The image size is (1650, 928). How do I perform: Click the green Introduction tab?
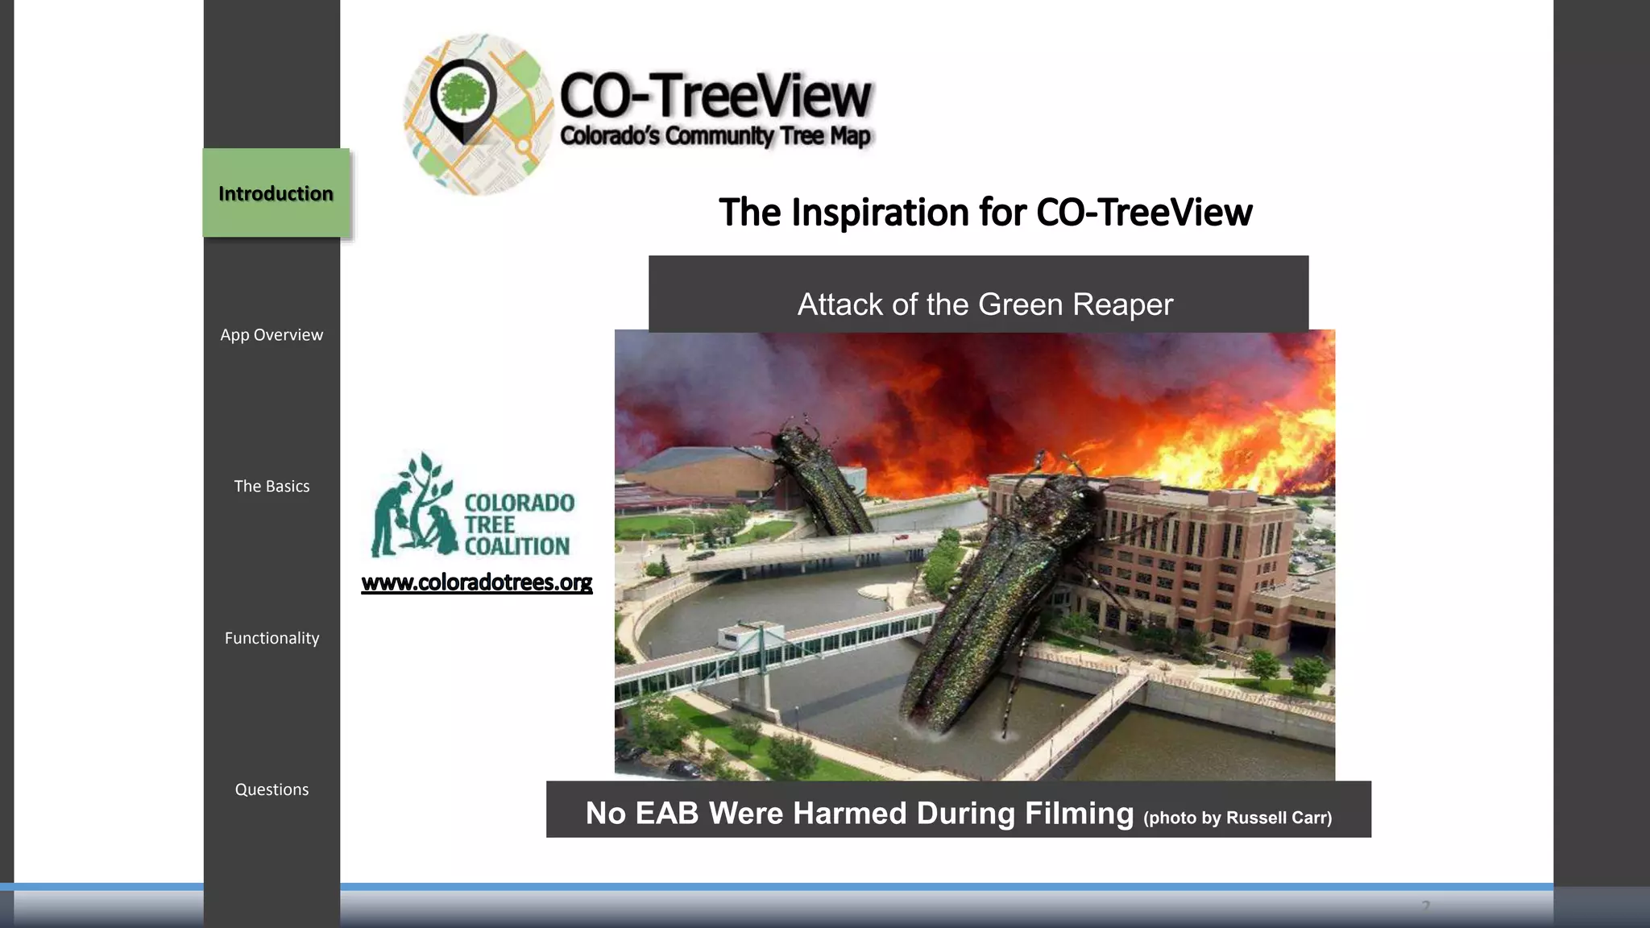coord(276,193)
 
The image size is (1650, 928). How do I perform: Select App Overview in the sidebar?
coord(272,335)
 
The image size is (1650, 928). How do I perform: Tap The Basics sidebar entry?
coord(272,487)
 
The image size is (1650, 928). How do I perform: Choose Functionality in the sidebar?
coord(272,638)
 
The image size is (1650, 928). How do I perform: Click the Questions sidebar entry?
coord(272,789)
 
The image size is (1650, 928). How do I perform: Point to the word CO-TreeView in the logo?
coord(715,95)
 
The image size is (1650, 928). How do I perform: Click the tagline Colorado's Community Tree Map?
coord(715,136)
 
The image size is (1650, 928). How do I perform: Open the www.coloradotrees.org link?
coord(477,582)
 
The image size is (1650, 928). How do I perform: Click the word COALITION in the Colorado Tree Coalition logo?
coord(516,546)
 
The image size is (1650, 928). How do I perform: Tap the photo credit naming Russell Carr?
coord(1237,818)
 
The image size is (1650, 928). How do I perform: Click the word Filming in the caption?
coord(1079,813)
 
